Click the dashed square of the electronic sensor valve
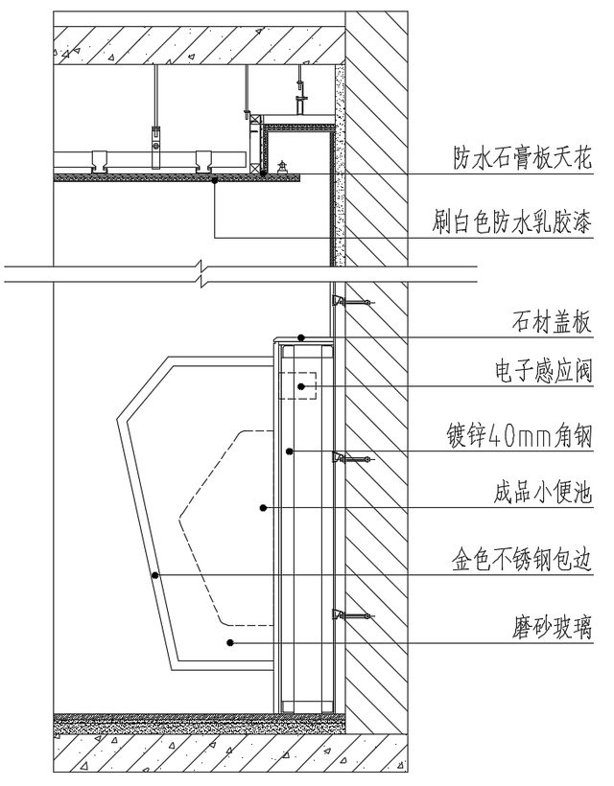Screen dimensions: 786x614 [x=298, y=385]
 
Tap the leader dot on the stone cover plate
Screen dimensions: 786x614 [x=301, y=337]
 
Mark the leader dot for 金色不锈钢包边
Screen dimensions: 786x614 [x=154, y=575]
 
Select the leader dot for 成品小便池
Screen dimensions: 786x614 [x=262, y=508]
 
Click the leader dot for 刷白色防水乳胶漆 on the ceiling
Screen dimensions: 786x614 [x=215, y=178]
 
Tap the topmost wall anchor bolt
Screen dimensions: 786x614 [x=351, y=303]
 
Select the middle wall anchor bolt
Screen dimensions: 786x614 [x=351, y=459]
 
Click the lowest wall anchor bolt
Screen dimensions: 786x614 [x=351, y=614]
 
